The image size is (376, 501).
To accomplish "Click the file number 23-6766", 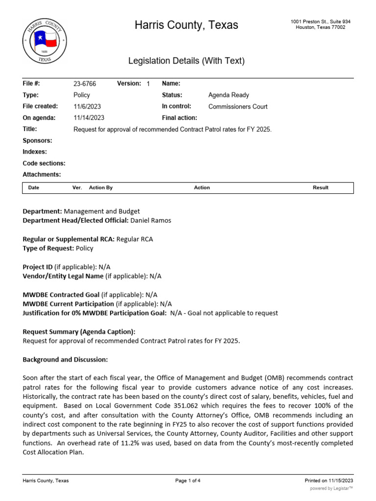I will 85,84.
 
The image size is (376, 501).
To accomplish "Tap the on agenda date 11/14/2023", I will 89,118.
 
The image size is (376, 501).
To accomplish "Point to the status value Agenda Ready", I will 229,95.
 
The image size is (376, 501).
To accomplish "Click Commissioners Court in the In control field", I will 238,106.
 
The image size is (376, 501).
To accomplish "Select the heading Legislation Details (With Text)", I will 186,61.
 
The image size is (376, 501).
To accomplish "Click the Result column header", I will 321,187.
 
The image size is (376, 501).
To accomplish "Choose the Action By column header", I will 101,187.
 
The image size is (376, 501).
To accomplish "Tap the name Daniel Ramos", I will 151,220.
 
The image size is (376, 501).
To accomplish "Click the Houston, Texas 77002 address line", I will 321,27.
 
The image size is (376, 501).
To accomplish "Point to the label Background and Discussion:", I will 65,360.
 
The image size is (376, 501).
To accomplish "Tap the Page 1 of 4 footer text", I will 188,480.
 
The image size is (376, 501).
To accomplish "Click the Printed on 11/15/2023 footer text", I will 329,480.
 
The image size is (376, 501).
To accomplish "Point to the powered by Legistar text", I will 331,488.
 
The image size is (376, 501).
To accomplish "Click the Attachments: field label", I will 42,175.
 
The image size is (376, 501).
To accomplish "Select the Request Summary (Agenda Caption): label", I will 79,332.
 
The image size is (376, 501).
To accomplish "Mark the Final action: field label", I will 180,118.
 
